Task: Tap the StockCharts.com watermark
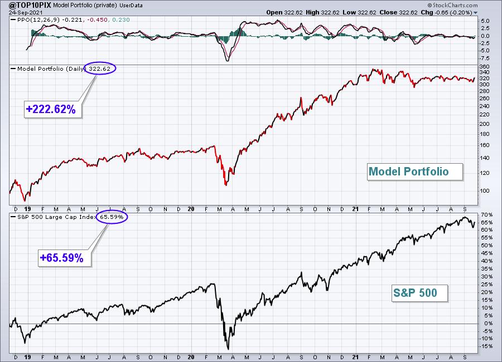452,5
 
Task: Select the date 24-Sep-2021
21,12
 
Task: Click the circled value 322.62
100,69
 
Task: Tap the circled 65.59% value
112,217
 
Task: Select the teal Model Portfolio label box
415,172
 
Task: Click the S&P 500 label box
420,293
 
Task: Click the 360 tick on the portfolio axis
485,67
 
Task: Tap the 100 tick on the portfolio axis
485,191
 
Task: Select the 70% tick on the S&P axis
486,214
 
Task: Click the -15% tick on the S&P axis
486,346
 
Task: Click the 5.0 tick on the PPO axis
485,21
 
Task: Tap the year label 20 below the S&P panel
191,357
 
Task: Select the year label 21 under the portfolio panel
355,209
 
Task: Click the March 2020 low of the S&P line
228,349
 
